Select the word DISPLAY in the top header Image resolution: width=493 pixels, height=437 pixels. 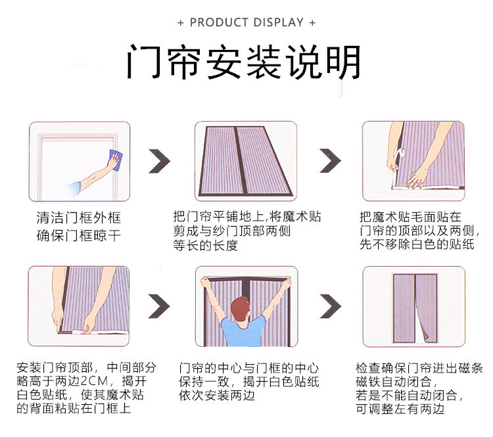click(277, 22)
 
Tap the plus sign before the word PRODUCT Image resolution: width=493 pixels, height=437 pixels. click(181, 23)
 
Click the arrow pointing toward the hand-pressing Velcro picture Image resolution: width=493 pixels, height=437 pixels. click(331, 162)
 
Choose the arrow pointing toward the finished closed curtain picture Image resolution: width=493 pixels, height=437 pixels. click(331, 306)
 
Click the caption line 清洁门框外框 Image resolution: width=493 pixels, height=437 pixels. click(79, 218)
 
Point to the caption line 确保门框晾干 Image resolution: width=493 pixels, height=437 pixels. click(79, 235)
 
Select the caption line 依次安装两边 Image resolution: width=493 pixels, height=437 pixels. click(217, 396)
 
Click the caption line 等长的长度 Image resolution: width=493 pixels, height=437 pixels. click(205, 246)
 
